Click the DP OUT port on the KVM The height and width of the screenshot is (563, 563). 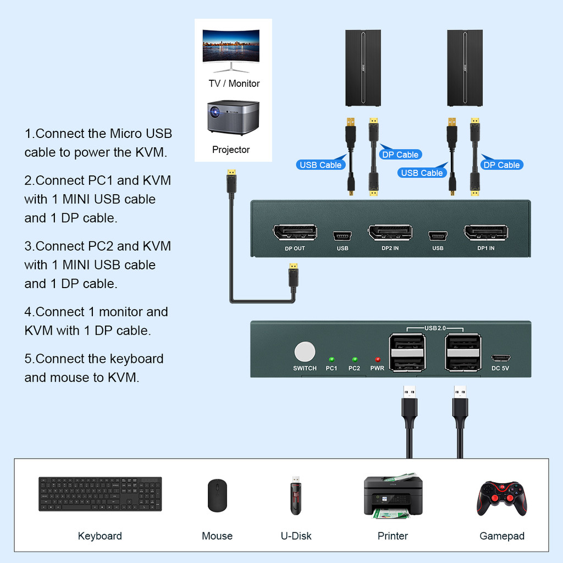(x=295, y=233)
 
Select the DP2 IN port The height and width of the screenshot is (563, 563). (x=390, y=233)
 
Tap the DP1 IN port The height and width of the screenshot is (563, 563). (x=486, y=233)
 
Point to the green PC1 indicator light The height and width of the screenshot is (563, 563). (x=332, y=360)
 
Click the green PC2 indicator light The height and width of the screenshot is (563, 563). (x=355, y=360)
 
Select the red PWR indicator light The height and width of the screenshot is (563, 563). (x=377, y=360)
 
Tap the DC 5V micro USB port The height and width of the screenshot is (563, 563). (x=500, y=358)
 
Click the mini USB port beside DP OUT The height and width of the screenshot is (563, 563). (x=342, y=236)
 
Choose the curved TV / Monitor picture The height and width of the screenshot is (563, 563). (x=231, y=50)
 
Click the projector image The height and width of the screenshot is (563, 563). (x=233, y=118)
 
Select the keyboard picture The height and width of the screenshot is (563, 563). (x=100, y=494)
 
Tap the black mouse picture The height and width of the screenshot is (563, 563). (x=217, y=495)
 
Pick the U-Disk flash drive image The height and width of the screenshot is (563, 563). (x=296, y=495)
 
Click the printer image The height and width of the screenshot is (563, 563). (x=393, y=496)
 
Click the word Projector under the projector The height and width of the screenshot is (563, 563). (x=231, y=150)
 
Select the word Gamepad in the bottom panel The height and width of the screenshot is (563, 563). (x=502, y=536)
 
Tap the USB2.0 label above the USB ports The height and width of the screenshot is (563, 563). (x=435, y=328)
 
